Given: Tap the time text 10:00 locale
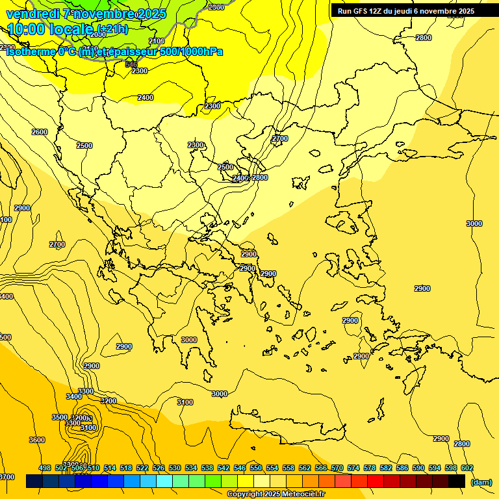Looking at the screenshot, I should point(49,29).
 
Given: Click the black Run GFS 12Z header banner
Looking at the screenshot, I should point(406,11).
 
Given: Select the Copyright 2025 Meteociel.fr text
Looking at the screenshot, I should point(275,494).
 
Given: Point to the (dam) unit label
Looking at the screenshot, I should point(481,481).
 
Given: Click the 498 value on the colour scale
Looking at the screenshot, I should point(45,468).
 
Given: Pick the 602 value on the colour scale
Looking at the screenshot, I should point(467,468).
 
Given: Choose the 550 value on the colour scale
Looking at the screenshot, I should point(256,468).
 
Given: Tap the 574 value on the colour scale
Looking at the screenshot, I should point(353,468).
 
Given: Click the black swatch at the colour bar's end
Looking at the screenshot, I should point(457,481).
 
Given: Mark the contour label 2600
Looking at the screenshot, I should point(40,132).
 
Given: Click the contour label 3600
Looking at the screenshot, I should point(37,440).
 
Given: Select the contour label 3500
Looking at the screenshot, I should point(59,417).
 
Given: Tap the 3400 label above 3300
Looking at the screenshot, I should point(74,396).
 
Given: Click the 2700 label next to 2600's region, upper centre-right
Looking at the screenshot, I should point(279,138).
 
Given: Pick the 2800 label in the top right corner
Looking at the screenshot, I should point(423,38).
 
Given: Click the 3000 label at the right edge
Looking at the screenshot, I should point(474,224).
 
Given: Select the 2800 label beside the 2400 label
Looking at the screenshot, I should point(260,177).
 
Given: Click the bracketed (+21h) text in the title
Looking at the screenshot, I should point(114,29).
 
